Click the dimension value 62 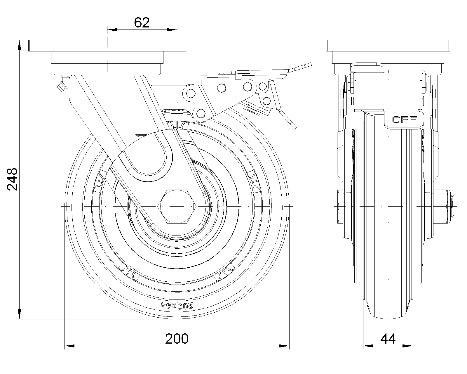coord(142,22)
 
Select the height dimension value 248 coord(12,179)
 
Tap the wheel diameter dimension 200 coord(177,339)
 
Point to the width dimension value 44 coord(388,339)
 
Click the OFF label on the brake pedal coord(405,120)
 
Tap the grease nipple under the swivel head coord(63,84)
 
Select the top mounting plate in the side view coord(388,46)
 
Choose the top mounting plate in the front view coord(107,46)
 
